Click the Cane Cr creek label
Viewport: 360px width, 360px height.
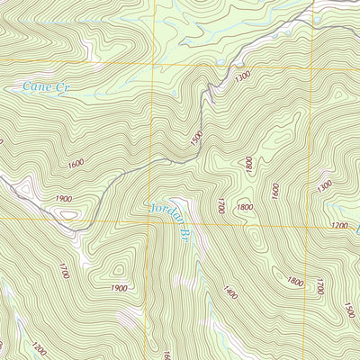[46, 88]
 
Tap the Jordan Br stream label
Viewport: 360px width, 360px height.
[167, 226]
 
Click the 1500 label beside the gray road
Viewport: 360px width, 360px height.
[197, 139]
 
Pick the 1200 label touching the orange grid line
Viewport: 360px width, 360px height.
[339, 226]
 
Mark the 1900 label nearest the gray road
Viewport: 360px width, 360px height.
[64, 198]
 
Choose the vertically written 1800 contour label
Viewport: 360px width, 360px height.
[248, 166]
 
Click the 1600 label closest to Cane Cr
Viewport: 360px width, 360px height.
[75, 164]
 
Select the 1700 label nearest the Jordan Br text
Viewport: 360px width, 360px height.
[220, 206]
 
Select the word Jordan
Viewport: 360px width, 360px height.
[162, 216]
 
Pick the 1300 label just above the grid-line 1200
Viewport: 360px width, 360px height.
[324, 188]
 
